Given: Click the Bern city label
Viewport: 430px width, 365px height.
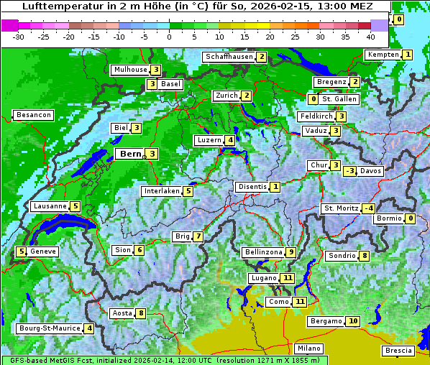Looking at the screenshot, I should point(130,154).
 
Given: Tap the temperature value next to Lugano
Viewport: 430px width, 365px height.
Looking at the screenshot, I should point(288,278).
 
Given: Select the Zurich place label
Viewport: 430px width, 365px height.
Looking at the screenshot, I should point(226,96).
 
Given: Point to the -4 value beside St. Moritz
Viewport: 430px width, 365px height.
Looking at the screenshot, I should point(368,208).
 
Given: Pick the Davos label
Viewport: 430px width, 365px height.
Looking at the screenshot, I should point(371,171).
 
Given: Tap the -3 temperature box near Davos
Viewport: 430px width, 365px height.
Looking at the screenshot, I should point(349,171).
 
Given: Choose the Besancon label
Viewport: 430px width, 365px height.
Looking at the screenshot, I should point(33,115).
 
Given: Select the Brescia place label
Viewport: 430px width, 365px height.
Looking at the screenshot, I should point(398,351).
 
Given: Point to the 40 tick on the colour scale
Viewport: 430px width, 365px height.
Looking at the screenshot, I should point(370,37).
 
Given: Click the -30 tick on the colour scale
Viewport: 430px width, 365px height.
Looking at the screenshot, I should point(19,37).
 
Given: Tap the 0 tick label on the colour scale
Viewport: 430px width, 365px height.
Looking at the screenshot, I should point(170,37).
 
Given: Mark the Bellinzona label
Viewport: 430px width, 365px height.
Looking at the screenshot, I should point(262,252).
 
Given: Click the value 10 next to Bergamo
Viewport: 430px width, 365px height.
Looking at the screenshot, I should point(352,321).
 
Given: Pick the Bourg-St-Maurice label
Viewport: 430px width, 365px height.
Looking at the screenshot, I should point(49,328).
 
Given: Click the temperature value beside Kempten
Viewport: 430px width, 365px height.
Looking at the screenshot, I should point(408,55).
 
